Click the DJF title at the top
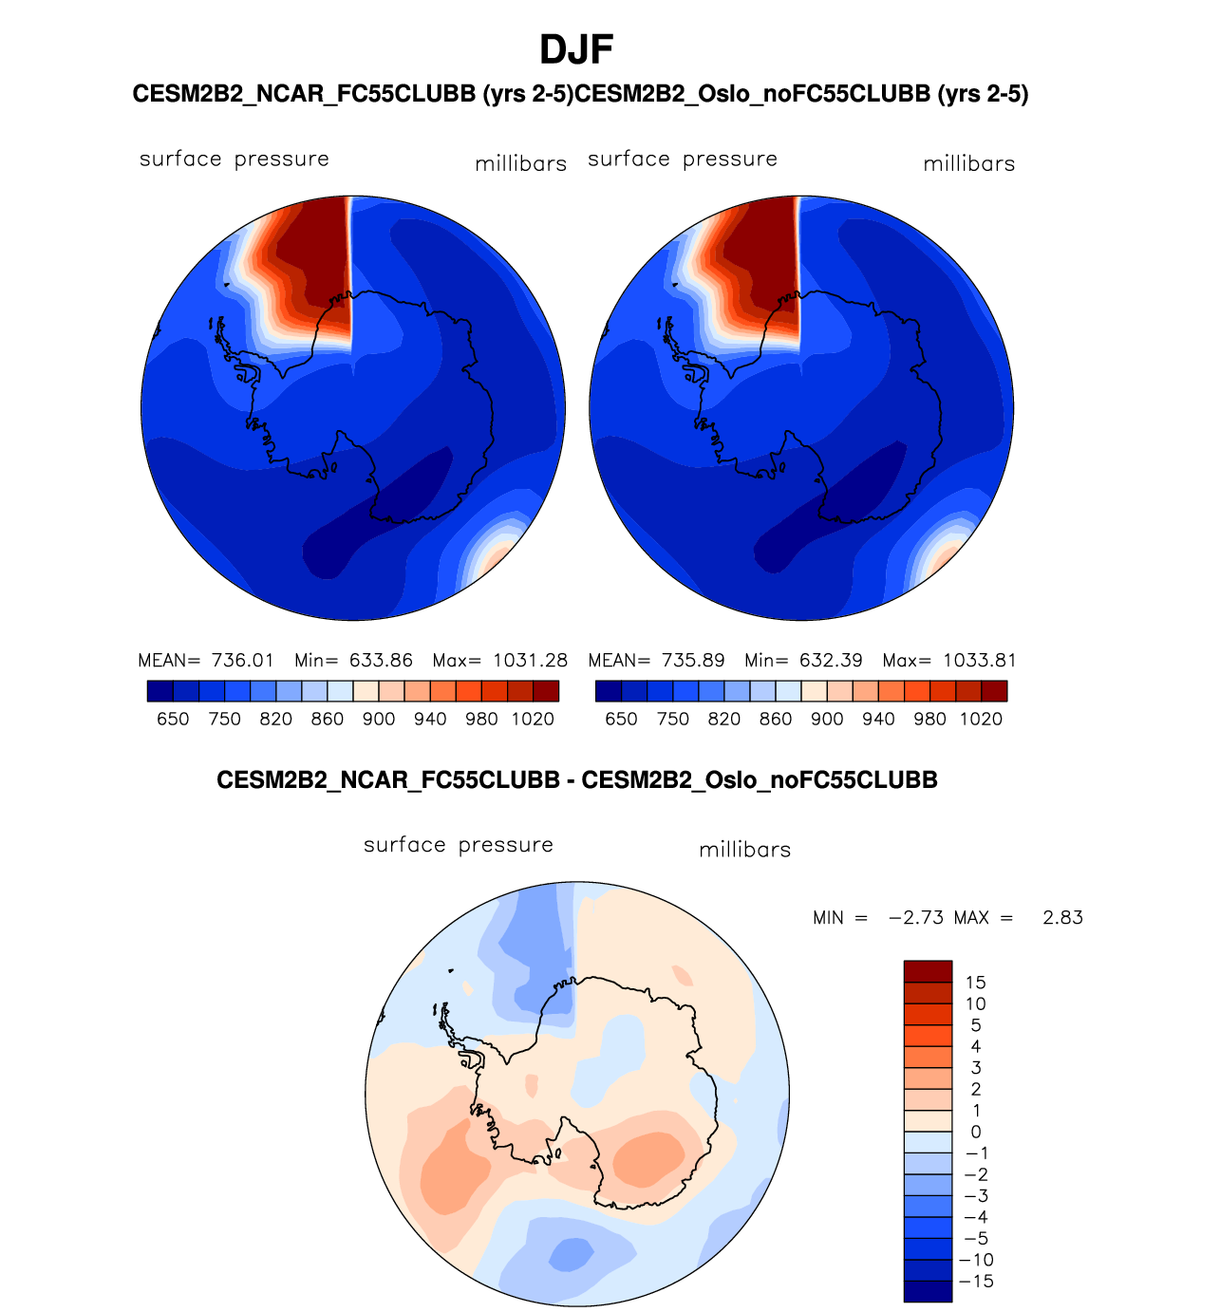click(576, 49)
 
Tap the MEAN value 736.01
click(242, 661)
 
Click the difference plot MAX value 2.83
click(1062, 918)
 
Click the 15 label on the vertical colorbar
click(975, 983)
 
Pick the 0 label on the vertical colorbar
click(976, 1133)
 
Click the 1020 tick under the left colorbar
click(533, 720)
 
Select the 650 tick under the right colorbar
click(621, 720)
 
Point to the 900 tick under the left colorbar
click(379, 720)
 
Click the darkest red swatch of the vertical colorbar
click(928, 971)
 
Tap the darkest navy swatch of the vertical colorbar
click(928, 1291)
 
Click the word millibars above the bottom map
click(745, 851)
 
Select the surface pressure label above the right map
click(683, 159)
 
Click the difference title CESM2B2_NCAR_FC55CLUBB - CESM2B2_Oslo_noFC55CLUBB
click(577, 780)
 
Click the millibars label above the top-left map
click(521, 164)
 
